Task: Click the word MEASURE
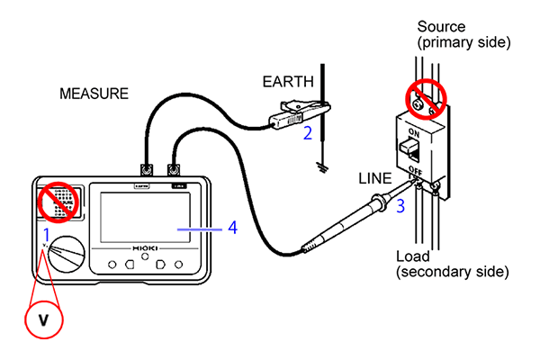94,93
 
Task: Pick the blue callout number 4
232,229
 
